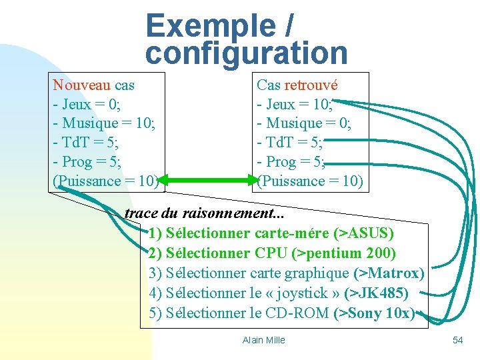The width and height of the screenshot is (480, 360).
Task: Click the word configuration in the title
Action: (x=246, y=53)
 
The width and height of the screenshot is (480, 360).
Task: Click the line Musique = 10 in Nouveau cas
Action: (x=107, y=123)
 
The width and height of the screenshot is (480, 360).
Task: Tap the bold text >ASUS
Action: (x=366, y=234)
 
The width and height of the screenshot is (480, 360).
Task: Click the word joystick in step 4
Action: (x=304, y=293)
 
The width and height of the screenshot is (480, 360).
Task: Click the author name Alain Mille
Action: (x=263, y=340)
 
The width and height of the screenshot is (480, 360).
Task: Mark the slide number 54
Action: (x=457, y=340)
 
